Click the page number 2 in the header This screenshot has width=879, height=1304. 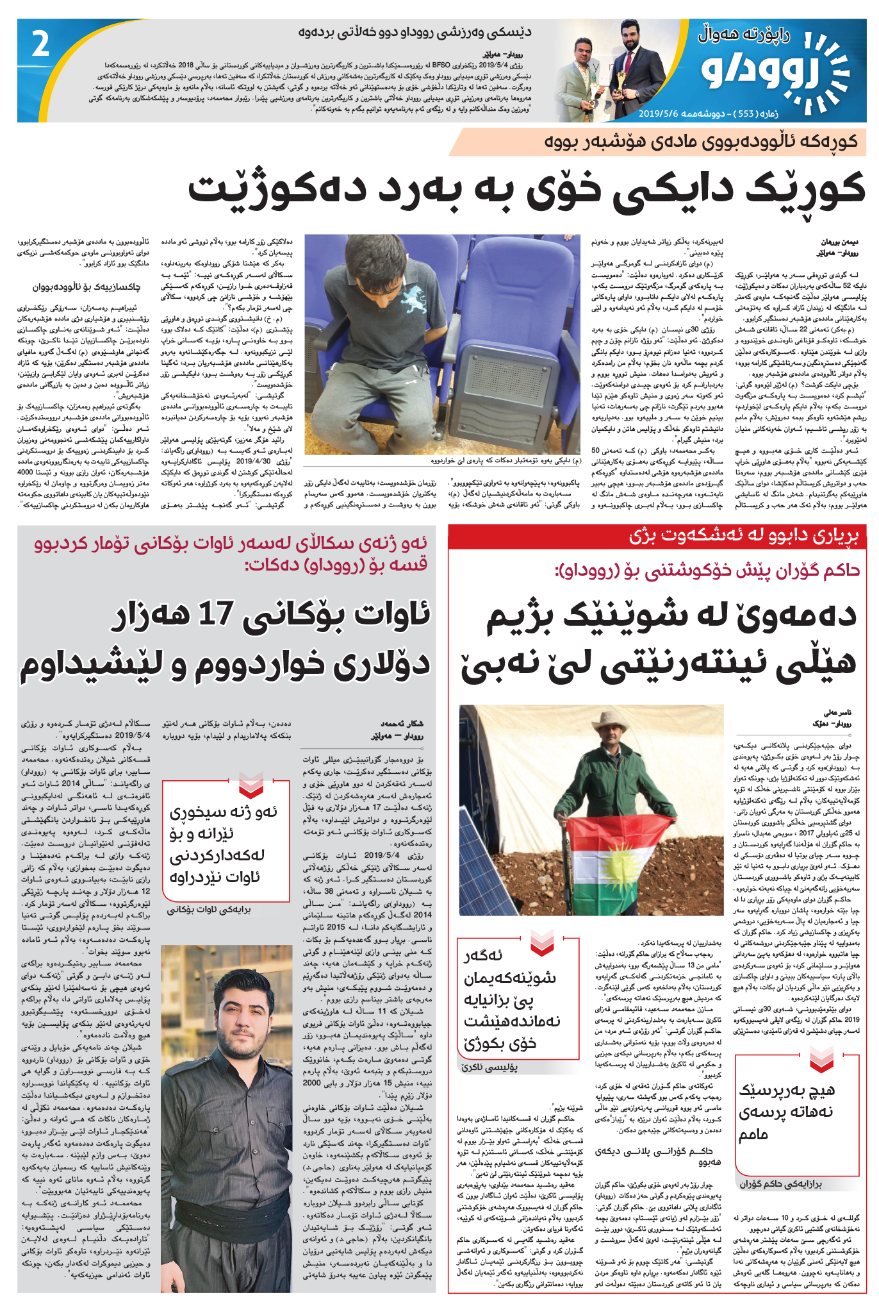click(40, 45)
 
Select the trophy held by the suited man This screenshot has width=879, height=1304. click(619, 81)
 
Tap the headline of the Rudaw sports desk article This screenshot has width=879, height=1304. click(415, 33)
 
